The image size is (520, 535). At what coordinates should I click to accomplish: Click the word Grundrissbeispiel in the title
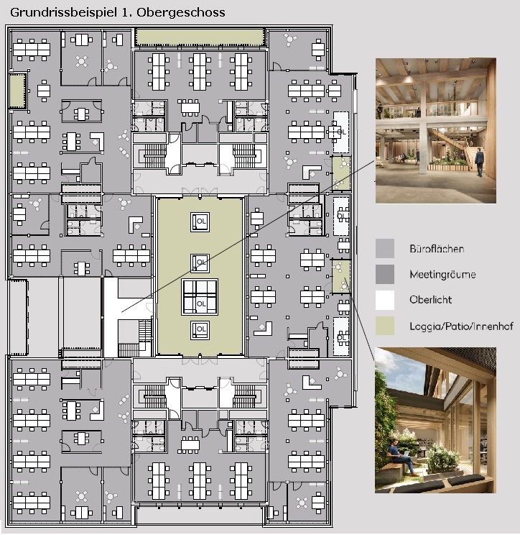click(63, 13)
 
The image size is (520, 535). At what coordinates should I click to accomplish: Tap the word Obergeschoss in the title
click(180, 13)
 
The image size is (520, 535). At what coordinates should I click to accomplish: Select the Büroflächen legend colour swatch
click(385, 248)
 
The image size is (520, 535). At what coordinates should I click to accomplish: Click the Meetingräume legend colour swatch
click(385, 274)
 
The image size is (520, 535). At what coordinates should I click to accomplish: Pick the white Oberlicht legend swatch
click(385, 300)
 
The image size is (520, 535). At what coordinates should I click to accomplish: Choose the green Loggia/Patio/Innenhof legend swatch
click(385, 326)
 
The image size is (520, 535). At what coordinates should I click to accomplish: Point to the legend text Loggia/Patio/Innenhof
click(461, 326)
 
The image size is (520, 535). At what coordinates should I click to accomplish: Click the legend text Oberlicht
click(431, 300)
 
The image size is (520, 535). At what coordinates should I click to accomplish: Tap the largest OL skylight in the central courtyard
click(200, 297)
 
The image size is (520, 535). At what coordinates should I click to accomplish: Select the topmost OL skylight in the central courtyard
click(200, 221)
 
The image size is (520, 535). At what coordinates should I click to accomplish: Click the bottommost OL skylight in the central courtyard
click(200, 330)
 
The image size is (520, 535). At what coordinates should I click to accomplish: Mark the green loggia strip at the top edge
click(200, 37)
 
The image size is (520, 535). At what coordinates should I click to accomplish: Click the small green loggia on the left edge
click(17, 90)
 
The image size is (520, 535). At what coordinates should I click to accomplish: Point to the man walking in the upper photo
click(480, 162)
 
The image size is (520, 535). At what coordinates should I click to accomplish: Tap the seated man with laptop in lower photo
click(401, 457)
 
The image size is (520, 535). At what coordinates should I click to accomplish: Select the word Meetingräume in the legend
click(442, 274)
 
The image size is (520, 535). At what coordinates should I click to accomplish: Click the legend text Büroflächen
click(437, 248)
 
